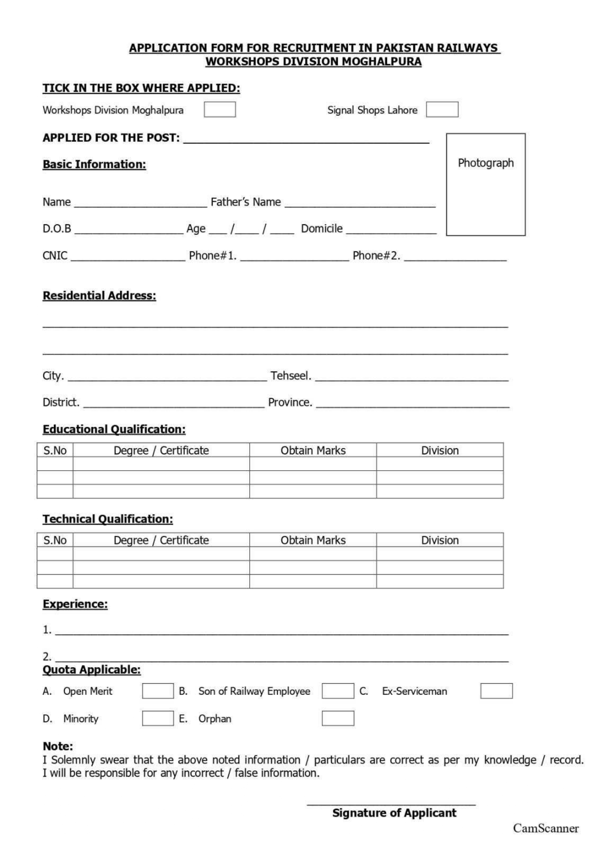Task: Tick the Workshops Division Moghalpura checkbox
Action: (220, 109)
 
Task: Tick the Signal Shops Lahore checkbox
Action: (442, 109)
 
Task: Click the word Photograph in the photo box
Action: (486, 163)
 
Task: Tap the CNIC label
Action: (55, 256)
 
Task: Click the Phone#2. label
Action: (376, 256)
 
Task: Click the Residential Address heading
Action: (99, 295)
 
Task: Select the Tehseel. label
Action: (291, 376)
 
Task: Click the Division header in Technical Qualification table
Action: (440, 540)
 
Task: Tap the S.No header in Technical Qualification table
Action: (55, 540)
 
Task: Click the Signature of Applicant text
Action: (394, 813)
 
